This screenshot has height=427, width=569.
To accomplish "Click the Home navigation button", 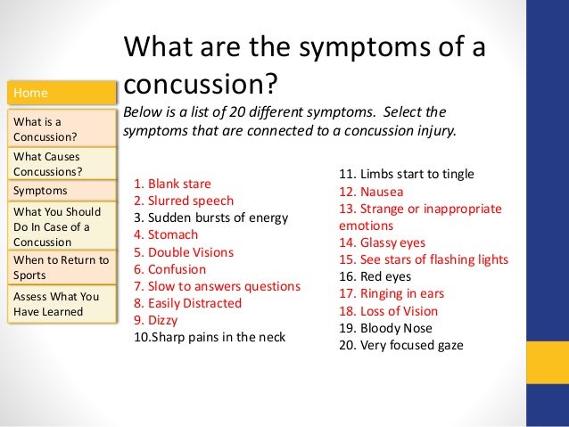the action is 61,93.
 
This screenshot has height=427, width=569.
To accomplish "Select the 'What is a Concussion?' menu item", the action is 61,128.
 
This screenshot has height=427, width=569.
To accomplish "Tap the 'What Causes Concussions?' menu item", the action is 61,164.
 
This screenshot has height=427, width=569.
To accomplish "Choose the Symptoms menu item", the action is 61,190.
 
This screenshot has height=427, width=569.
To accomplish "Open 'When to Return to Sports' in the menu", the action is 61,267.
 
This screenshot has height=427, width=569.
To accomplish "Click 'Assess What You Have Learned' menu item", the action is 61,303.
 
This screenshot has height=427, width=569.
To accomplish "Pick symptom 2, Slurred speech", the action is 183,201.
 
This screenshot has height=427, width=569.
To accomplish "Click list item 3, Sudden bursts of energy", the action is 210,218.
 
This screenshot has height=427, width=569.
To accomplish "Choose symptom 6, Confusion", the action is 169,269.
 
